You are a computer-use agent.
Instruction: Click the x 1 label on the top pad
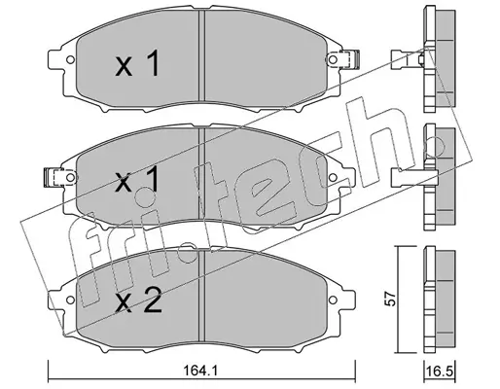(138, 63)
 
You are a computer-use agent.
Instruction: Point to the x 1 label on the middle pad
(138, 179)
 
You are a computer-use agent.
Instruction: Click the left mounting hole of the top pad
(70, 60)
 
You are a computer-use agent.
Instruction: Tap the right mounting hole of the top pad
(333, 59)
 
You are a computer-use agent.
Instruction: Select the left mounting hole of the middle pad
(70, 177)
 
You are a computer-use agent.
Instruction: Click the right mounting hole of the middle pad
(333, 177)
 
